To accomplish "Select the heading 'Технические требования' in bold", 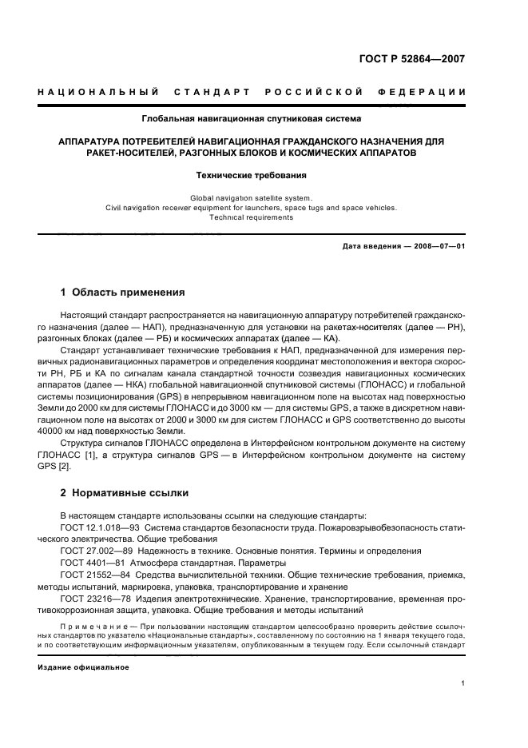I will click(252, 174).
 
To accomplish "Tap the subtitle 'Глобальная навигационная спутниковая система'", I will click(252, 119).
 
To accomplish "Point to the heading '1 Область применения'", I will click(123, 292).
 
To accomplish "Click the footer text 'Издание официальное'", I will click(83, 666).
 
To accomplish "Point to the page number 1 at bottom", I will click(462, 682).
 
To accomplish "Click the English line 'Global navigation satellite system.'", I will click(252, 197).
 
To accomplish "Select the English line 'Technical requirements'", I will click(252, 217).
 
